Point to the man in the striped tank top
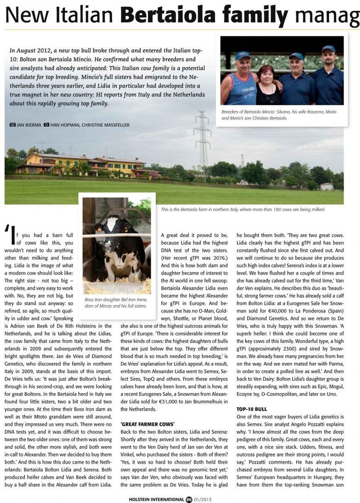click(x=241, y=81)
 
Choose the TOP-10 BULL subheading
click(x=251, y=409)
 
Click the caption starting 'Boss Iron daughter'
click(x=116, y=302)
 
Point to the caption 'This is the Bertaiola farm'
click(x=243, y=209)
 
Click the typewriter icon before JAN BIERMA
click(x=12, y=125)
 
